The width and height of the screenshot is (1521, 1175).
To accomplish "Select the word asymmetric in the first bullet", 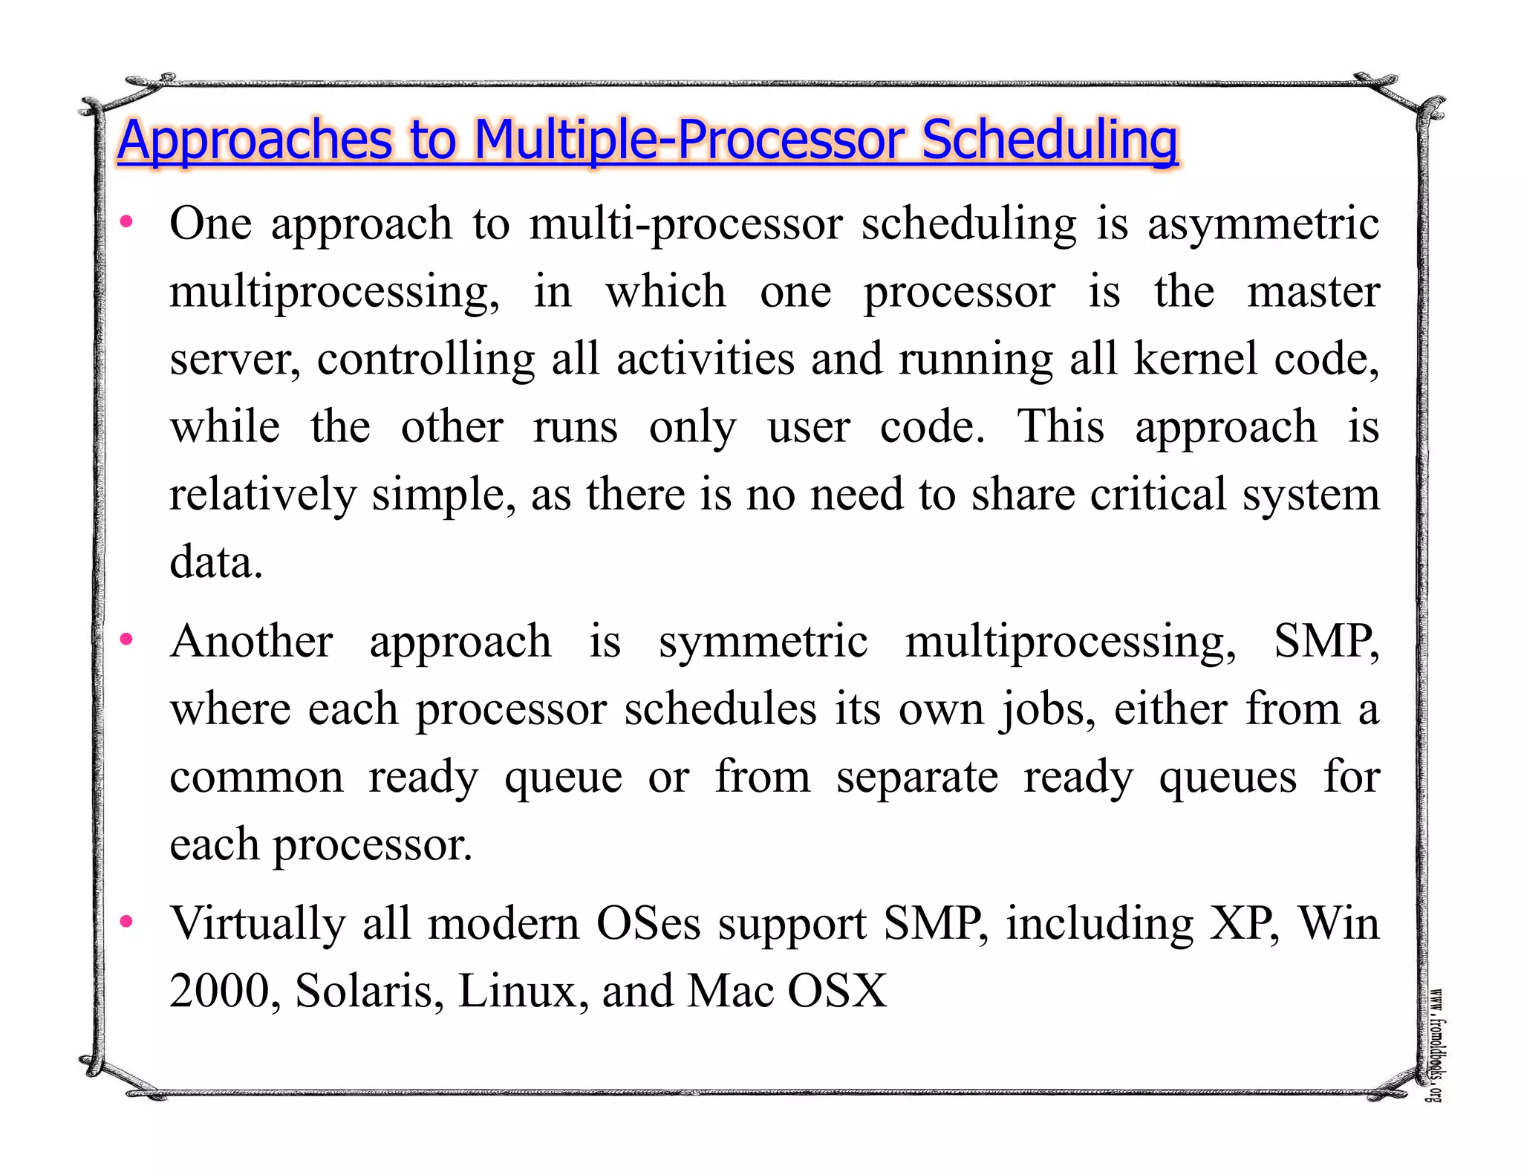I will coord(1263,224).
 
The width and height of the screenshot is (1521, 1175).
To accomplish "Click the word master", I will coord(1313,291).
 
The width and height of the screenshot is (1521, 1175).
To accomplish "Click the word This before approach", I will coord(1060,426).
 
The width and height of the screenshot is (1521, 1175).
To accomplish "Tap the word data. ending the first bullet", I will coord(216,562).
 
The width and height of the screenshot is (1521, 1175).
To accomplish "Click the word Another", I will coord(252,641).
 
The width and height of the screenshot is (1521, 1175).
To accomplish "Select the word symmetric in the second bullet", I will coord(763,641).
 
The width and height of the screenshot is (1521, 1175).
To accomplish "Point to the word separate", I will coord(917,777).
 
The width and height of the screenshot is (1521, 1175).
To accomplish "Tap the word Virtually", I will coord(258,923).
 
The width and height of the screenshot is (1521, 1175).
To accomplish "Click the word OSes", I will coord(648,923).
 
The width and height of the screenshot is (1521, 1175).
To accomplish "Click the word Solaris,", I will coord(369,991).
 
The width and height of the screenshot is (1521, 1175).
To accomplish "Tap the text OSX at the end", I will coord(837,991).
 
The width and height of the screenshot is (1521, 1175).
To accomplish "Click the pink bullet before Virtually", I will coord(127,922).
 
